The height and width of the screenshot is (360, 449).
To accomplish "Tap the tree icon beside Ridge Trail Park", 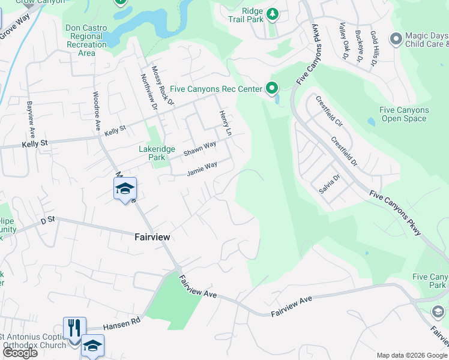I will (x=272, y=13).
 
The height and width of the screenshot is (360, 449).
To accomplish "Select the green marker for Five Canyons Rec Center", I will (x=272, y=89).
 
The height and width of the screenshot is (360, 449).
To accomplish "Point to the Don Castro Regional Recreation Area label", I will (x=86, y=40).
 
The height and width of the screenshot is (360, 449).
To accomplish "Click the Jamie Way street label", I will (x=202, y=168).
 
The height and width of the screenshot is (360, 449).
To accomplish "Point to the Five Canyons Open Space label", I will (x=405, y=114).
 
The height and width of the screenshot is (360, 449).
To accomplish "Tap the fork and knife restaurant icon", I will (x=74, y=328).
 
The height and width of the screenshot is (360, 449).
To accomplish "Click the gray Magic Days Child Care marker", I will (x=395, y=40).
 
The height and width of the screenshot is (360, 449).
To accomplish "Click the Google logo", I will (x=20, y=353).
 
